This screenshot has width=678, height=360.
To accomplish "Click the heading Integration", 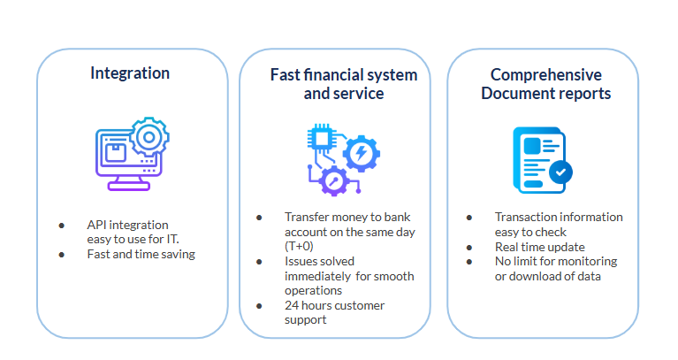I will tap(130, 73).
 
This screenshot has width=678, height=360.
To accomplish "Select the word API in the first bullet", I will tap(97, 226).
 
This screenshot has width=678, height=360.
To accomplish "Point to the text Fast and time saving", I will tap(141, 254).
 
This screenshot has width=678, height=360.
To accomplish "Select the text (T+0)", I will tap(298, 246).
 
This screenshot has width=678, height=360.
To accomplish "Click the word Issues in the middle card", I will tap(301, 261).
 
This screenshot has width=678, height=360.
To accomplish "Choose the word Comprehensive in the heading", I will tap(545, 74).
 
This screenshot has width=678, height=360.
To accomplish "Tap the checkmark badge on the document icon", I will tap(560, 172).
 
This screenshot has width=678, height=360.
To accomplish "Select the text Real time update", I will tap(539, 247).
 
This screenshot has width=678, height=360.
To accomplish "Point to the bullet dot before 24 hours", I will tap(259, 305).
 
